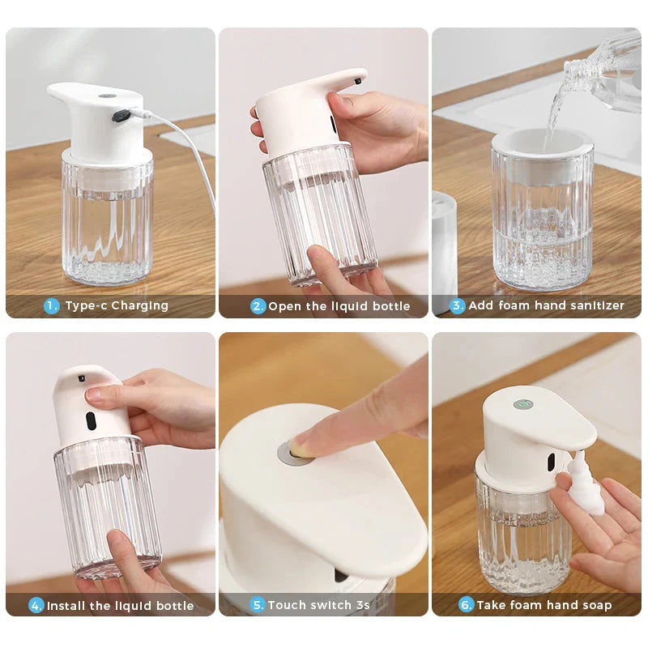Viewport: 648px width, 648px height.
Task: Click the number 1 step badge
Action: tap(52, 305)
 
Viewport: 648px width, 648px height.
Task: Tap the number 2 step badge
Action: tap(258, 306)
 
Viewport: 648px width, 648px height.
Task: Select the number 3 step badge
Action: tap(458, 305)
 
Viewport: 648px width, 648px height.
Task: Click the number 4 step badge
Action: tap(36, 605)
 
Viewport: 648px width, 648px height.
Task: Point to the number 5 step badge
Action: tap(258, 604)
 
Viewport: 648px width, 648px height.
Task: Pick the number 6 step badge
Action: tap(467, 604)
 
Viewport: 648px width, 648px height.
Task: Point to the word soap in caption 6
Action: tap(595, 604)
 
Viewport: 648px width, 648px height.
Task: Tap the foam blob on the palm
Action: tap(586, 486)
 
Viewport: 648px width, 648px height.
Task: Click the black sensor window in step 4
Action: tap(90, 421)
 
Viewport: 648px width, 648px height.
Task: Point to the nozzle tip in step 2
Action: tap(358, 80)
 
